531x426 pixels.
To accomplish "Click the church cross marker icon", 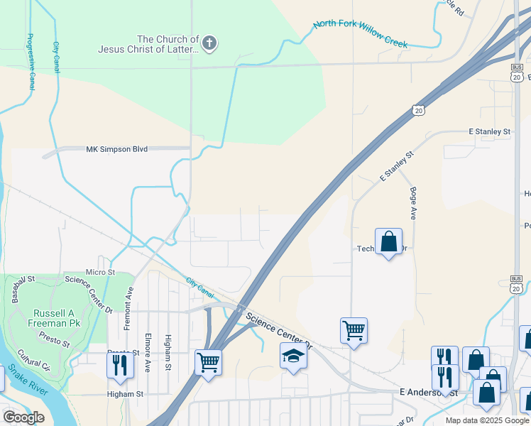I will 209,44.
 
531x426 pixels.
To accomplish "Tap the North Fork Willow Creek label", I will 361,33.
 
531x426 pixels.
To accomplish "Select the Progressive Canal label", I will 31,62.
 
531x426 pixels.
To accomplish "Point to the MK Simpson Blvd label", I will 116,149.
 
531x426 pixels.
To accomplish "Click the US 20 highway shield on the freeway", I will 418,110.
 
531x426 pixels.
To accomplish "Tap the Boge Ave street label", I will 412,202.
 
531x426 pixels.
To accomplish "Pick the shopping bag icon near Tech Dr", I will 389,241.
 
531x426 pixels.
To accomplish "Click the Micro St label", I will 100,272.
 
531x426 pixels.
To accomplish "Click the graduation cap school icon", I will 293,356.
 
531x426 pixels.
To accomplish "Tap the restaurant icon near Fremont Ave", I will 120,364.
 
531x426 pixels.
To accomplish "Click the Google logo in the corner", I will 23,417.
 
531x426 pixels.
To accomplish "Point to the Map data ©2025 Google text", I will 487,420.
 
